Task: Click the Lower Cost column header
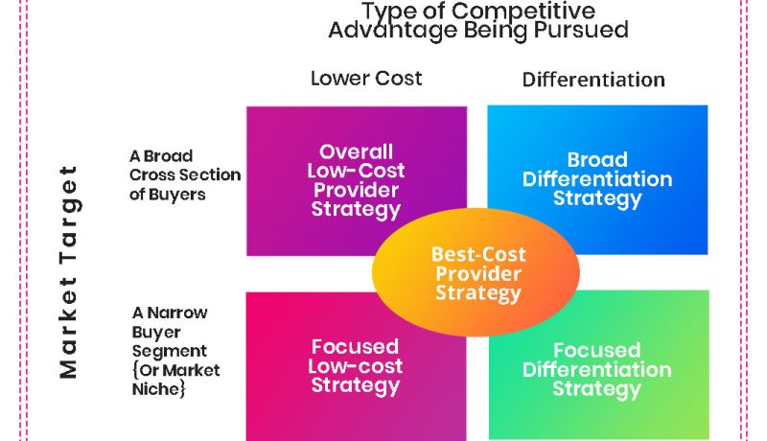[366, 79]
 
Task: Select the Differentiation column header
[593, 80]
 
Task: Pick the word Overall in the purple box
[357, 151]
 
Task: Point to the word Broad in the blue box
[597, 160]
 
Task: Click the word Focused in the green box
[596, 350]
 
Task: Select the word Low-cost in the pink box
[356, 366]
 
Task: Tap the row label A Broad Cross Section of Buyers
[184, 174]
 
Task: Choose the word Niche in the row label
[157, 389]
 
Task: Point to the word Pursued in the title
[586, 30]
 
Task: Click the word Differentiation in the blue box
[597, 179]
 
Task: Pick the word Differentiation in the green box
[596, 369]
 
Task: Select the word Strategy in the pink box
[356, 385]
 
